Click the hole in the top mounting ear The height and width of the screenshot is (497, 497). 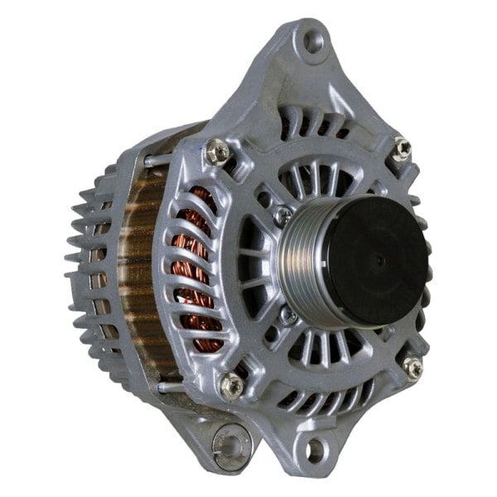pos(311,39)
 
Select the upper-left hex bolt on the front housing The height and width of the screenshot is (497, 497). pos(218,151)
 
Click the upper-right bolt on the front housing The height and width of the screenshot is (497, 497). pos(402,148)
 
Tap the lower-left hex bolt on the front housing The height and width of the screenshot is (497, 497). pos(232,385)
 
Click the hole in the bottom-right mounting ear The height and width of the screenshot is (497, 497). pos(316,450)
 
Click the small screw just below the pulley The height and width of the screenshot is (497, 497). pos(290,316)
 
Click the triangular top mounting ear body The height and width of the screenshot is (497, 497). pos(298,66)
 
